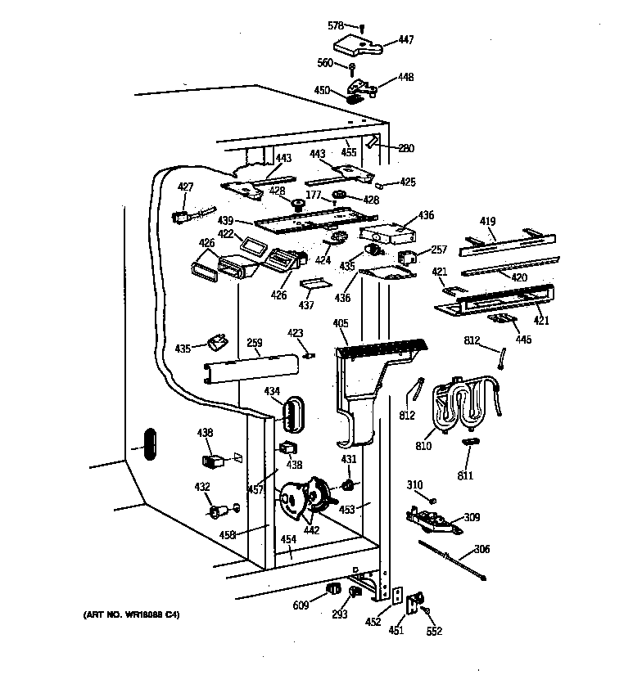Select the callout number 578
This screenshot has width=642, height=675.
click(337, 26)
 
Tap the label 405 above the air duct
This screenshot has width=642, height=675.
click(341, 325)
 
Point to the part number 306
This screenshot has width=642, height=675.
click(481, 549)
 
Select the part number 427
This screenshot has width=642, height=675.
click(186, 187)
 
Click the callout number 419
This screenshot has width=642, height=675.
click(488, 220)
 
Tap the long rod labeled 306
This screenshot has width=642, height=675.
click(455, 560)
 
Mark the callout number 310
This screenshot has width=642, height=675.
click(415, 486)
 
